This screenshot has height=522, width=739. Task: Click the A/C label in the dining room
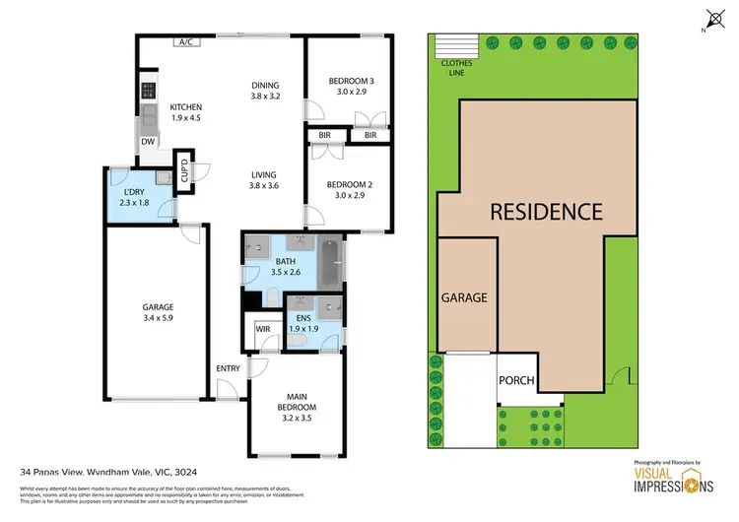185,42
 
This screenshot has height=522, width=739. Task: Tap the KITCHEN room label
186,107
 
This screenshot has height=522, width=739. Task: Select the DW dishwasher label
148,142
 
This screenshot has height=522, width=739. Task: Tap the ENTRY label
228,369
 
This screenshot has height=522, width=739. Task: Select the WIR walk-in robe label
263,330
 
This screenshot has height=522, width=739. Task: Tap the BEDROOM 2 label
349,183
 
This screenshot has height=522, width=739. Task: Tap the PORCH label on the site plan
516,380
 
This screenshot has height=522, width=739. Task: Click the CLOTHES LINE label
456,66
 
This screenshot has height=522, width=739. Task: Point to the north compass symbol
712,17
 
